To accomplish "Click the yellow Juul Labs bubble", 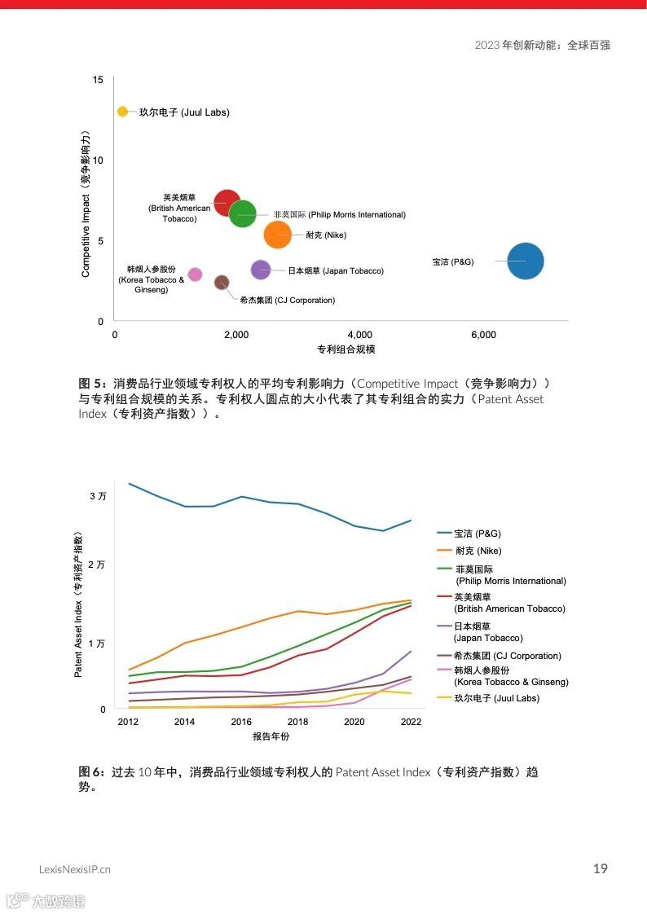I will click(122, 112).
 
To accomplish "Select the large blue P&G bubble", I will click(526, 261).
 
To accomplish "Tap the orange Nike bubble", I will click(278, 235).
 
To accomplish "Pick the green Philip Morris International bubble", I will click(243, 214).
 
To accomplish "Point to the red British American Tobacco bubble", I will click(227, 203).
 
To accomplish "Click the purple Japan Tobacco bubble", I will click(260, 270).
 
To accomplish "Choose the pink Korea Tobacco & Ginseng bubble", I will click(195, 275).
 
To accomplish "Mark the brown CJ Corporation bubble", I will click(222, 283).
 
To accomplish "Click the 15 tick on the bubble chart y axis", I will click(98, 80).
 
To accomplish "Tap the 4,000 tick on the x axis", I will click(360, 335).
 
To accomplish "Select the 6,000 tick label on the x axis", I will click(483, 335).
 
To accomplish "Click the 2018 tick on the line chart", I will click(297, 722).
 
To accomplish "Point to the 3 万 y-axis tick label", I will click(98, 495).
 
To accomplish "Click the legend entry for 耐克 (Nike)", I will click(478, 551).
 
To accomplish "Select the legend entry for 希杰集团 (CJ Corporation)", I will click(507, 656).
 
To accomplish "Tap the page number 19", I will click(600, 868).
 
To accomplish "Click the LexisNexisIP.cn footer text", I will click(75, 869).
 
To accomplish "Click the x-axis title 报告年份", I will click(271, 737).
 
